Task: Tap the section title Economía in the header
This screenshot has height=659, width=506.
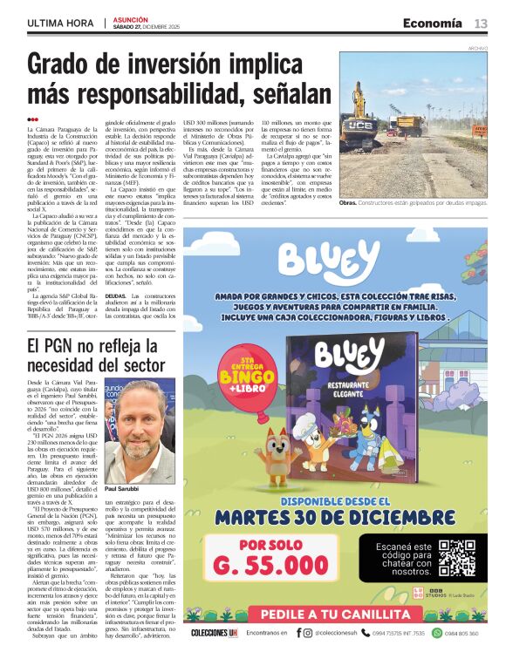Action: pyautogui.click(x=433, y=24)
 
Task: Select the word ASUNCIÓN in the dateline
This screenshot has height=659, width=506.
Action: pyautogui.click(x=130, y=18)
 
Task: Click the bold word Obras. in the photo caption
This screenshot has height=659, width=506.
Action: pyautogui.click(x=348, y=202)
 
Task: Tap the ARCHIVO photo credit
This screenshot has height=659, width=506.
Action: pyautogui.click(x=477, y=48)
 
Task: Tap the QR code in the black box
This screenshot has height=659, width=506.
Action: pyautogui.click(x=456, y=559)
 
